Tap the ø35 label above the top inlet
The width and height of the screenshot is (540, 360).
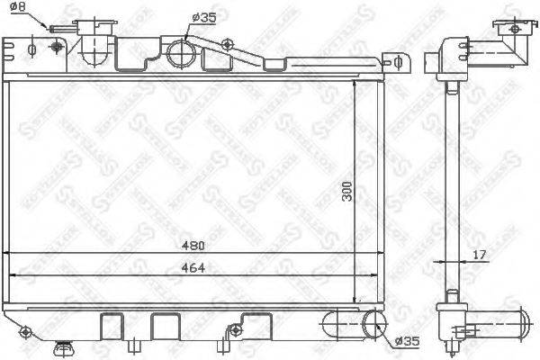tap(204, 16)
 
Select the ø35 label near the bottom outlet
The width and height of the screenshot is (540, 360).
tap(406, 341)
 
